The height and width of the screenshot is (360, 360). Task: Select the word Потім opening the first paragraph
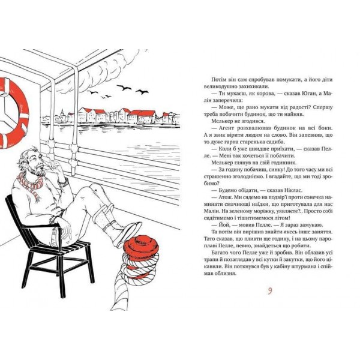coord(214,79)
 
